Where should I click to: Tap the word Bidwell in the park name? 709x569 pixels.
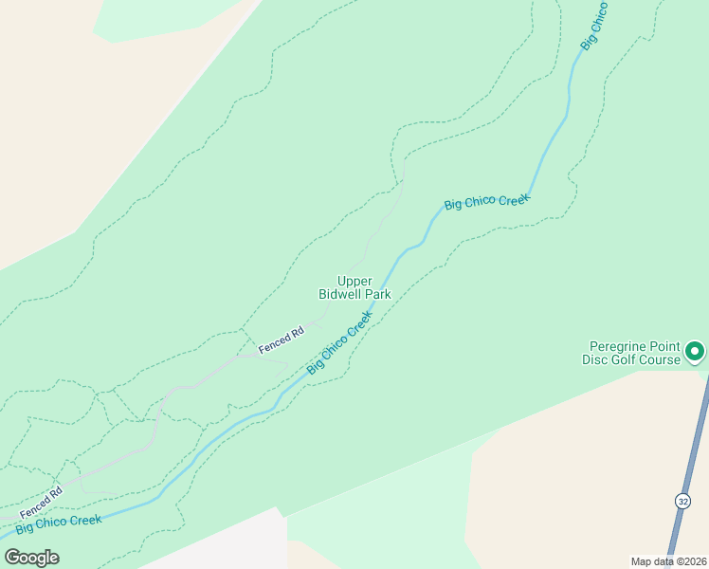pyautogui.click(x=340, y=294)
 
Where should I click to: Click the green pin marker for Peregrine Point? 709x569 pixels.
pyautogui.click(x=695, y=352)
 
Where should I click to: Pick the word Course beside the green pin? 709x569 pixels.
pyautogui.click(x=661, y=359)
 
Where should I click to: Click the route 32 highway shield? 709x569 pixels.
pyautogui.click(x=682, y=501)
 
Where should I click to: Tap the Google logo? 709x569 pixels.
pyautogui.click(x=31, y=558)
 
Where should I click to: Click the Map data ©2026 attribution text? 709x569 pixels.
pyautogui.click(x=668, y=561)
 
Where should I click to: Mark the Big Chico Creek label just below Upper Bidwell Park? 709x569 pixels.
pyautogui.click(x=339, y=342)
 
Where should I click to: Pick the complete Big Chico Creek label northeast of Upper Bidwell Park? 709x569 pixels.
pyautogui.click(x=487, y=202)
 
